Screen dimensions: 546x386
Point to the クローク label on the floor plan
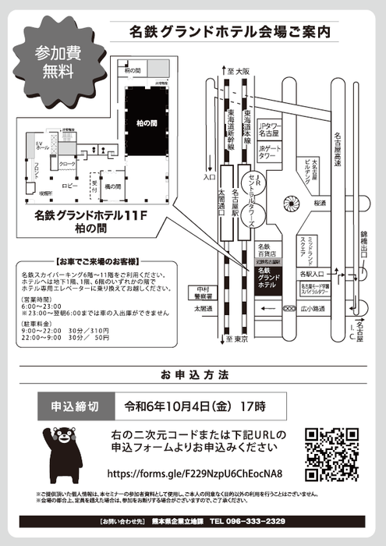tap(67, 165)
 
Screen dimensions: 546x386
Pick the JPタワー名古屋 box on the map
tap(271, 129)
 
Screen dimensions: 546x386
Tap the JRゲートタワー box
tap(269, 151)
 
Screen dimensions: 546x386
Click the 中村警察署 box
tap(204, 292)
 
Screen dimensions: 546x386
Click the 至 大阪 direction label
tap(239, 71)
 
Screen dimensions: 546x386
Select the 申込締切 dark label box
tap(75, 406)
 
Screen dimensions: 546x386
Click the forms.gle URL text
tap(205, 473)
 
